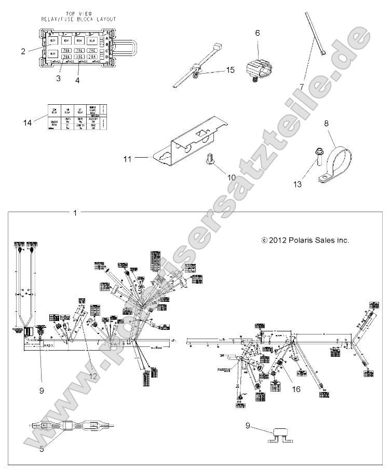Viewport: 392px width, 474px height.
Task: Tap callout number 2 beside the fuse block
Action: point(23,51)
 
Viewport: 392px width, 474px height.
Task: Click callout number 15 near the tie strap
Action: point(231,70)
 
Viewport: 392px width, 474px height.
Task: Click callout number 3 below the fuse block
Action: point(59,79)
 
